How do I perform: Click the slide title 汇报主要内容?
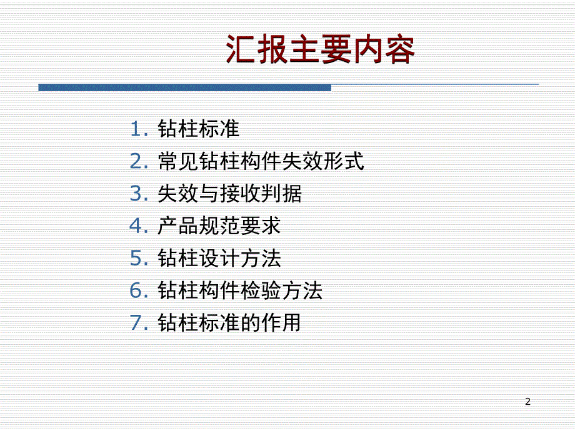coord(320,51)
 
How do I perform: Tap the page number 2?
coord(528,401)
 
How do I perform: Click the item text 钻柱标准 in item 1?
coord(199,129)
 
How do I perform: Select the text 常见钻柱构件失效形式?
coord(261,162)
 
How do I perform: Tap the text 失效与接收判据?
coord(229,194)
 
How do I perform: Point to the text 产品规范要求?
coord(219,226)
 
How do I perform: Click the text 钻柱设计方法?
coord(219,259)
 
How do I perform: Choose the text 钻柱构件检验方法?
coord(240,290)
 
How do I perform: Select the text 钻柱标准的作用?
coord(229,323)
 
